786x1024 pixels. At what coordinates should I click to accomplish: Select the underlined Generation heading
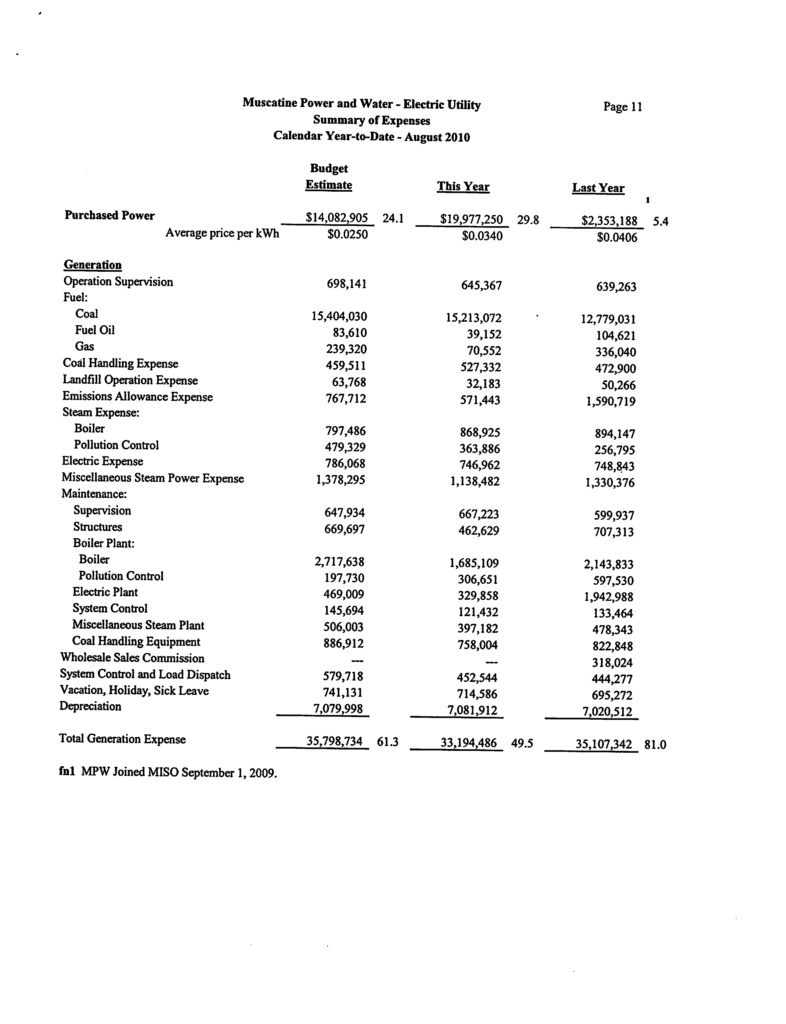click(93, 265)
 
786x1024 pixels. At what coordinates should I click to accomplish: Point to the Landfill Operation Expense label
click(130, 380)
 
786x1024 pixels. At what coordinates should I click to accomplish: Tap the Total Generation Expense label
click(122, 739)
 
